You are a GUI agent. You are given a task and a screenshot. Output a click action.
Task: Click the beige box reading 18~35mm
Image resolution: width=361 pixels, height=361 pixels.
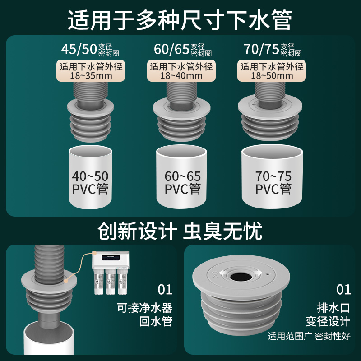(91, 71)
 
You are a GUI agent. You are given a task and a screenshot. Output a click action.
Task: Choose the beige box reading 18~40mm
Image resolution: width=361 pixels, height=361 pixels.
(181, 71)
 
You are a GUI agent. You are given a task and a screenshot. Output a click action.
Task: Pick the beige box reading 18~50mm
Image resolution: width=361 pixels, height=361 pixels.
(271, 71)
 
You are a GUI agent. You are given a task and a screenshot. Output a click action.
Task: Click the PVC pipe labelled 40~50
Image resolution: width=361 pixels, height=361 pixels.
(90, 178)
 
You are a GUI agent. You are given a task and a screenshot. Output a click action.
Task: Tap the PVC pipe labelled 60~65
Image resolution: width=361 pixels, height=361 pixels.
(180, 178)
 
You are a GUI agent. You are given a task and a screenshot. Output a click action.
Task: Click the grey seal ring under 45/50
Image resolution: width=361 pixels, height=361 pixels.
(90, 120)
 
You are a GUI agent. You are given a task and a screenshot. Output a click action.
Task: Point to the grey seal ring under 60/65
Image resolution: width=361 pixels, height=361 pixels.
(180, 120)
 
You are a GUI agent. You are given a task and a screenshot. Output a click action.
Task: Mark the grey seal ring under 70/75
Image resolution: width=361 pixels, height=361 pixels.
(271, 120)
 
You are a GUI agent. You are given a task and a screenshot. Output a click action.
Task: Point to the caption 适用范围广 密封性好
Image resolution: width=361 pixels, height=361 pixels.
(309, 336)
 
